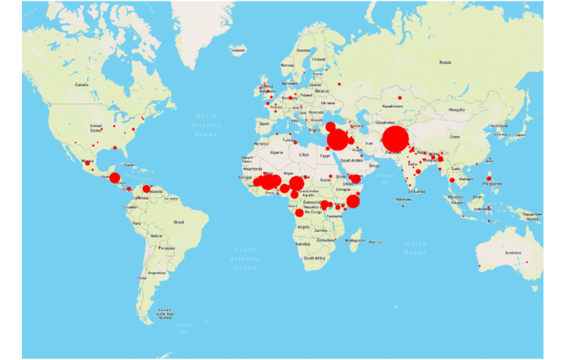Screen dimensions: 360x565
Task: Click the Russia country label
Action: [445, 62]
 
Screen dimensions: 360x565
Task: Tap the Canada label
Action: [82, 84]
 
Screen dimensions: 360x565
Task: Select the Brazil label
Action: [178, 221]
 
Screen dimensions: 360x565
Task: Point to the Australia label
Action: [512, 253]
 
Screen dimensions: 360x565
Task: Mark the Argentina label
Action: [157, 273]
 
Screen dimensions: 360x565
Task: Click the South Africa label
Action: [314, 257]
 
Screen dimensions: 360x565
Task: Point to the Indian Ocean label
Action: [415, 248]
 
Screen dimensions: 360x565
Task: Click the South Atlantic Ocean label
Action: [244, 258]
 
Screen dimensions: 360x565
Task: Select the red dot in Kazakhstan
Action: [400, 98]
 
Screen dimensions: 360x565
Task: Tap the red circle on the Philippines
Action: [489, 178]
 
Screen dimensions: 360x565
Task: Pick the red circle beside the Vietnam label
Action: [452, 180]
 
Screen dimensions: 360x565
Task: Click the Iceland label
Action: [237, 49]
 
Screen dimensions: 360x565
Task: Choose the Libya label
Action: [304, 154]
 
